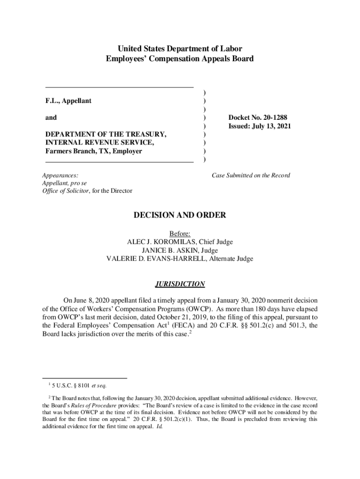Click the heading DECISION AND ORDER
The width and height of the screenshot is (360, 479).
tap(180, 216)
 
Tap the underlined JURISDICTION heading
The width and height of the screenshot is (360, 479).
tap(180, 284)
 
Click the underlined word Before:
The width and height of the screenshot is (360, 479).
tap(180, 233)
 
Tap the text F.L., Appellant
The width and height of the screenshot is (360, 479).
tap(68, 101)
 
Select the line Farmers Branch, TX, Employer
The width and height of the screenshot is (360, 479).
tap(94, 151)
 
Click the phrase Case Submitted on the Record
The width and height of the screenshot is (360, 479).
tap(251, 175)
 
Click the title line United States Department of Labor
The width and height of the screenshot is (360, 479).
tap(180, 49)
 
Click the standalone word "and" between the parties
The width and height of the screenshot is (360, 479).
tap(51, 117)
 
